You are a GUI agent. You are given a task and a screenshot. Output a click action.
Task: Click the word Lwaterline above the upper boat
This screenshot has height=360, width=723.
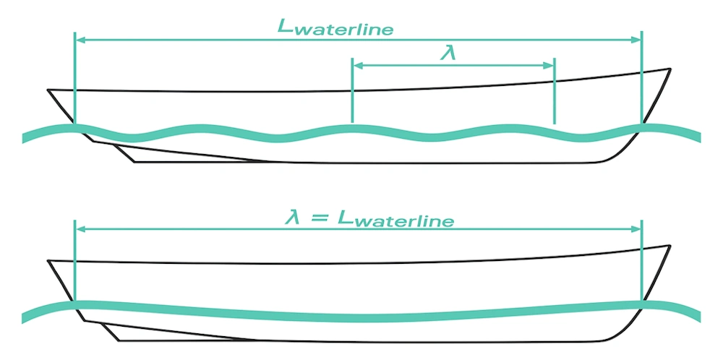(336, 27)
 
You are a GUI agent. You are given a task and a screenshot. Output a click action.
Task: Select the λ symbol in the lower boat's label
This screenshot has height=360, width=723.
(290, 217)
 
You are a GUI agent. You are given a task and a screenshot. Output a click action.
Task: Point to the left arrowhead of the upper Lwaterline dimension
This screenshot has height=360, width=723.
(79, 40)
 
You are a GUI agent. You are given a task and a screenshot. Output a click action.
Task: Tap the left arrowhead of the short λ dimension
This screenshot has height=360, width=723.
(355, 66)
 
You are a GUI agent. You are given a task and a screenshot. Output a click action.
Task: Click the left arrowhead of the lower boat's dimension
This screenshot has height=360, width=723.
(79, 229)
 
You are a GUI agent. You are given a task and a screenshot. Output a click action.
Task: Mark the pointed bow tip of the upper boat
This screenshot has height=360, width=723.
(669, 69)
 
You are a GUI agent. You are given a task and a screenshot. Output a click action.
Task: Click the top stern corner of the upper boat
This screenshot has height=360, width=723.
(48, 90)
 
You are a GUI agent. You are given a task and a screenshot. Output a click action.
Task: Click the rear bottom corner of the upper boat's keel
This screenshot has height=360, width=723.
(135, 162)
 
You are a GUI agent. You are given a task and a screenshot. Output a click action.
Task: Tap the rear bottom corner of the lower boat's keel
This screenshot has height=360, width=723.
(119, 340)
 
